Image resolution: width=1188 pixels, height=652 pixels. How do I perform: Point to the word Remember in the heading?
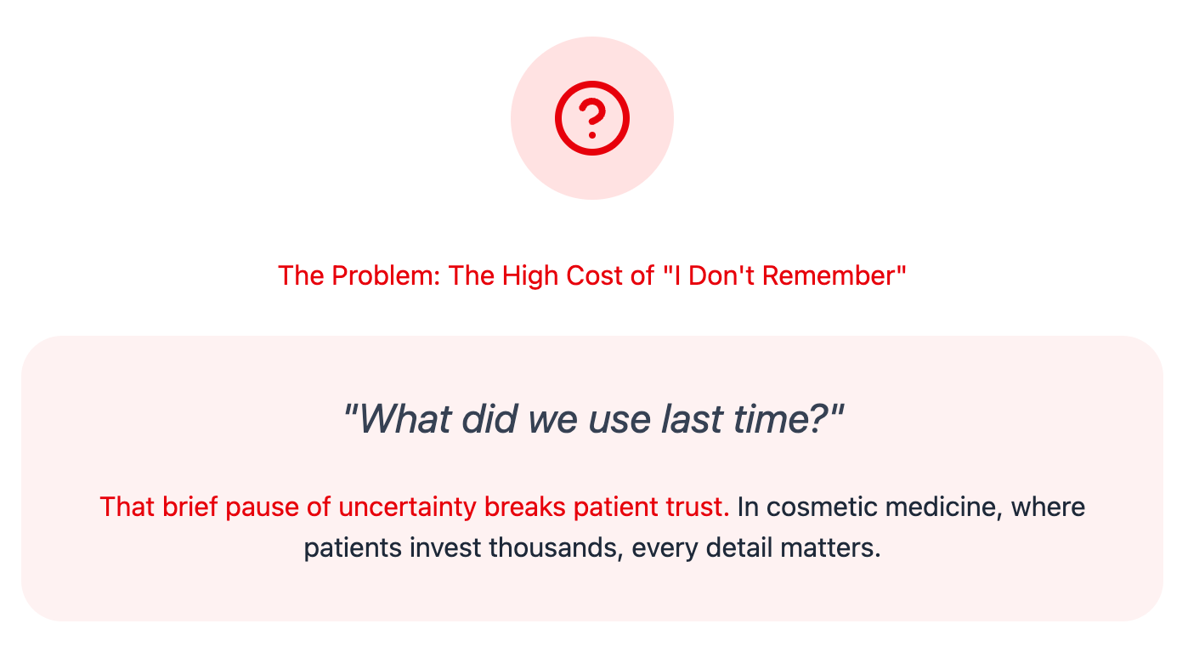tap(829, 276)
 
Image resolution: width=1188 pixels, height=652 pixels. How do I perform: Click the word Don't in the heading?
tap(721, 276)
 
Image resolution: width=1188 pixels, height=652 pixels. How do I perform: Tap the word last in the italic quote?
tap(692, 419)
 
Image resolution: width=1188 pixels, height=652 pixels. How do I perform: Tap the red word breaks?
tap(525, 507)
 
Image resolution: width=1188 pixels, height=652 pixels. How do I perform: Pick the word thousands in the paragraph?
tap(556, 548)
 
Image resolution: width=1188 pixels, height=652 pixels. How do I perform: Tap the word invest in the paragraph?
tap(445, 548)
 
